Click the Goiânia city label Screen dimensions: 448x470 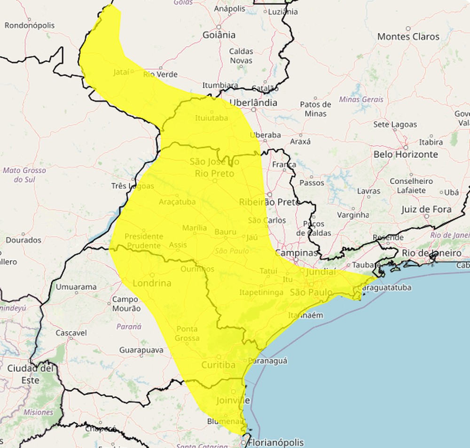coord(219,35)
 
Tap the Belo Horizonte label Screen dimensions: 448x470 coord(406,154)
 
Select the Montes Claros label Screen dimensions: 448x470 coord(408,37)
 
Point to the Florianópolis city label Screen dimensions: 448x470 coord(275,442)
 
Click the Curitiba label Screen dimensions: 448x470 coord(218,365)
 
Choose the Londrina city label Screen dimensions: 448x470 coord(152,283)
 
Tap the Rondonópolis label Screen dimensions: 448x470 coord(30,25)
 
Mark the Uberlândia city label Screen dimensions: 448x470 coord(253,102)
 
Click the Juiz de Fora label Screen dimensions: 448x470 coord(426,209)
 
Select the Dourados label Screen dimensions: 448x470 coord(23,240)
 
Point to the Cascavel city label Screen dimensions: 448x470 coord(71,333)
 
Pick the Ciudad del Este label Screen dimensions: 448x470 coord(30,374)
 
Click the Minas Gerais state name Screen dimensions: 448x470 coord(361,100)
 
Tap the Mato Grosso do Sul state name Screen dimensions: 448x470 coord(24,175)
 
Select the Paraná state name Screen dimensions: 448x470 coord(129,326)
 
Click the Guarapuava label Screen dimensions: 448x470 coord(141,350)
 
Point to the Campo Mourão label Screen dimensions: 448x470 coord(126,304)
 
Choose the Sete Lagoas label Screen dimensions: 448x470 coord(395,124)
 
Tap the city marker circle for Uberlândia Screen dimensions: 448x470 coord(254,110)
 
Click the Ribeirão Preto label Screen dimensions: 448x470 coord(269,202)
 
